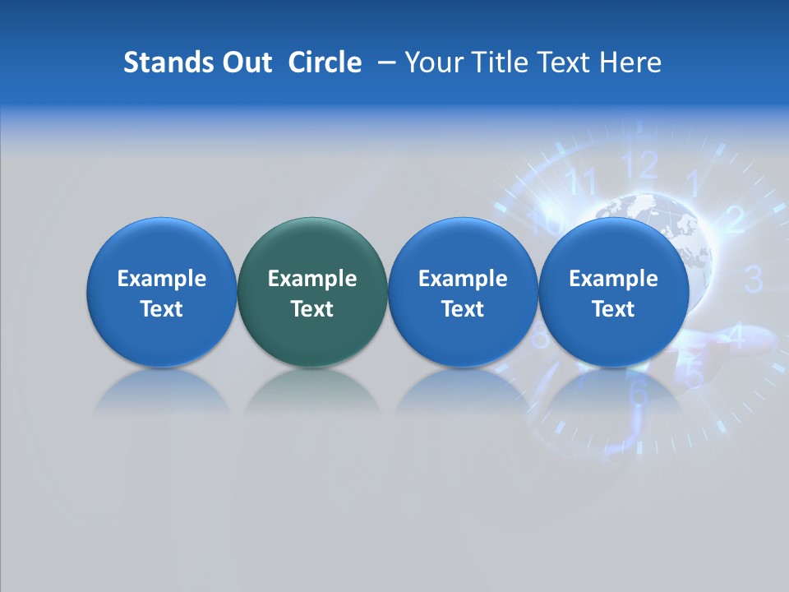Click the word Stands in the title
pos(157,62)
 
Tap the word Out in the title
pos(245,62)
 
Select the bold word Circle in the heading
pos(325,62)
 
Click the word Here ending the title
pos(630,62)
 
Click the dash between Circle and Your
pos(384,63)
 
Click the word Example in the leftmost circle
pos(161,279)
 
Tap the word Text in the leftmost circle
pos(161,309)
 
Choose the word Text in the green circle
pos(311,309)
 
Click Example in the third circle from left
pos(463,279)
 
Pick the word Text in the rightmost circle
pos(613,309)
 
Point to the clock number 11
pos(582,181)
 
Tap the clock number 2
pos(735,219)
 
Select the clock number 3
pos(753,280)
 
